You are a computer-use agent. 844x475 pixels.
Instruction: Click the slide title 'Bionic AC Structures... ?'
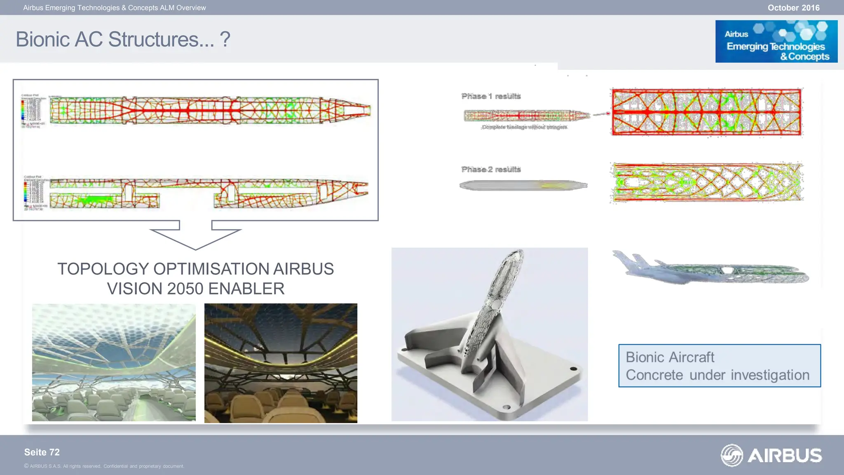pyautogui.click(x=123, y=40)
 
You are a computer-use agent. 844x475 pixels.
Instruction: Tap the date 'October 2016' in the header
pyautogui.click(x=793, y=8)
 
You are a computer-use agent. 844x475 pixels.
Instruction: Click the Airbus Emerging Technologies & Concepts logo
pyautogui.click(x=776, y=42)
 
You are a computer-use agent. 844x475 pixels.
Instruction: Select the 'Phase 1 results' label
pyautogui.click(x=491, y=96)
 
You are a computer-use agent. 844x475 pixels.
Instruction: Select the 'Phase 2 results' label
pyautogui.click(x=491, y=169)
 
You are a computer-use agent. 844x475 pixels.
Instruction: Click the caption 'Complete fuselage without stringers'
pyautogui.click(x=524, y=127)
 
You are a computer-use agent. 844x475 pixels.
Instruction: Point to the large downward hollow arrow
pyautogui.click(x=195, y=235)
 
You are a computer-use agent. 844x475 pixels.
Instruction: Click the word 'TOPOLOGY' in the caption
pyautogui.click(x=103, y=269)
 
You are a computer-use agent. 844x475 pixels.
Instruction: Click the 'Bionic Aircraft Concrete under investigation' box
pyautogui.click(x=719, y=366)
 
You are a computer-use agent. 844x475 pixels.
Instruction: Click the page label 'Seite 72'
pyautogui.click(x=42, y=452)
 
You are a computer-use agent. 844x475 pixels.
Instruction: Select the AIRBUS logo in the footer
pyautogui.click(x=771, y=455)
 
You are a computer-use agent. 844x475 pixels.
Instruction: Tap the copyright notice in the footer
pyautogui.click(x=104, y=466)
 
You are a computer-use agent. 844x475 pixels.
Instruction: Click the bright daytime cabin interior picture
pyautogui.click(x=114, y=362)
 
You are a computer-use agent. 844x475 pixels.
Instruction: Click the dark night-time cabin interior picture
pyautogui.click(x=281, y=363)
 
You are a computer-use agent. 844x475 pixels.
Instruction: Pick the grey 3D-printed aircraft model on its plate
pyautogui.click(x=489, y=334)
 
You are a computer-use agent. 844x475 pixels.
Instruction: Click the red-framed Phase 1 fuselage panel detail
pyautogui.click(x=706, y=112)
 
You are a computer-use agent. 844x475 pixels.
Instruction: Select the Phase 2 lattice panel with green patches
pyautogui.click(x=706, y=182)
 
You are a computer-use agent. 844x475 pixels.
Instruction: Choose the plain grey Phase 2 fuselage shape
pyautogui.click(x=523, y=185)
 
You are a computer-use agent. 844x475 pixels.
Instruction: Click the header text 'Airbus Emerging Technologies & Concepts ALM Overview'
pyautogui.click(x=115, y=8)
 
